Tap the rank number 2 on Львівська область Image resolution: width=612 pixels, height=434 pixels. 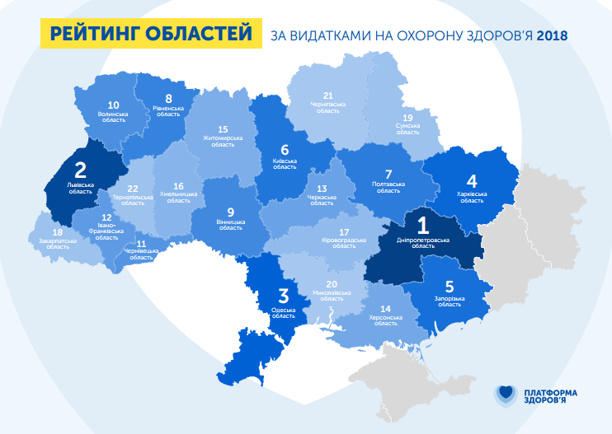coord(80,170)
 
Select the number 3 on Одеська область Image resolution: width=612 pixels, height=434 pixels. coord(283,296)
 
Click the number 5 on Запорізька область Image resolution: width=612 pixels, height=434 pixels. coord(450,287)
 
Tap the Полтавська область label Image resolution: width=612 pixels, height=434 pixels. coord(388,187)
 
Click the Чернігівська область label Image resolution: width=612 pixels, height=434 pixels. coord(327,107)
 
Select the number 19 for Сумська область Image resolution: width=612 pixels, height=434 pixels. coord(407,118)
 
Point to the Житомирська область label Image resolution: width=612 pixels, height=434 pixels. coord(223,141)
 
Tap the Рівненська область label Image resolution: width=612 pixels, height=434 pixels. coord(168,110)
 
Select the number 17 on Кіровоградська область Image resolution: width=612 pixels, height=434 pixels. coord(344,232)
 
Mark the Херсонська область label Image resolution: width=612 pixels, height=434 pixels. coord(386,320)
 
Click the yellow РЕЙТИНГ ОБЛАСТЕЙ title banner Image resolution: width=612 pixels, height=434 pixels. coord(151,34)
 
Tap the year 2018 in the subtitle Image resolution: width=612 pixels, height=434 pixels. coord(552,36)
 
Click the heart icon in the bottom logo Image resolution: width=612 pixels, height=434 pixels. coord(505,396)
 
